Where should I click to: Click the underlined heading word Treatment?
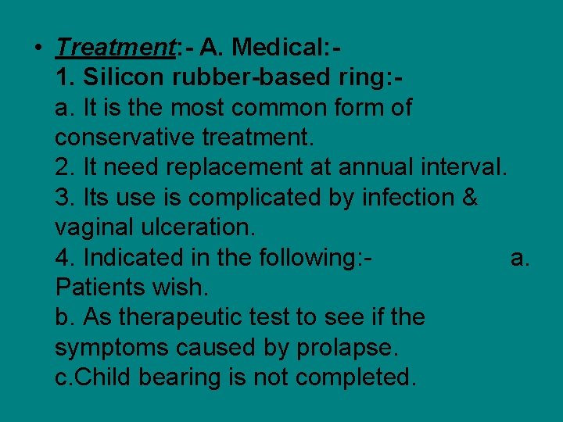pos(115,48)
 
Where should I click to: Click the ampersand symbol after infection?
pos(470,198)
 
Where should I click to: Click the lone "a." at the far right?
pos(520,257)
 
